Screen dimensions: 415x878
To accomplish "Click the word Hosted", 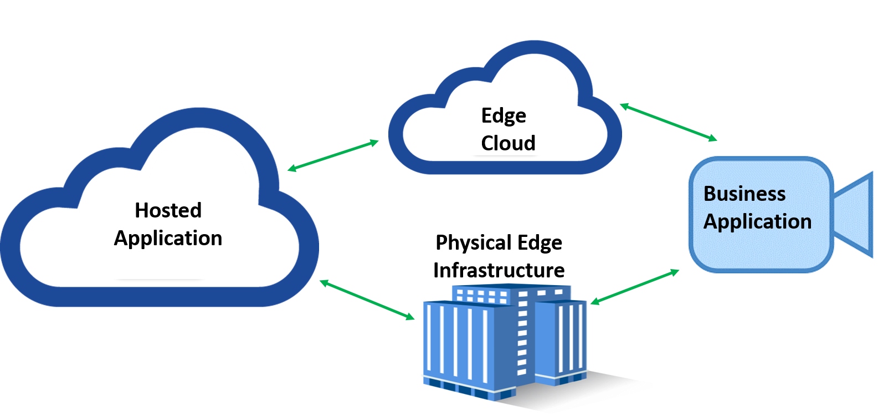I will pos(168,210).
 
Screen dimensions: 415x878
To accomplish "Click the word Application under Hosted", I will pos(168,238).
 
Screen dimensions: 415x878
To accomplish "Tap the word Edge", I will pos(504,116).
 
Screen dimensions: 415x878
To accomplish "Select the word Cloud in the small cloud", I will pos(508,143).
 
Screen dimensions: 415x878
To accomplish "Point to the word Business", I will pos(744,194).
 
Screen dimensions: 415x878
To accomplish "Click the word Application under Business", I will pos(757,221).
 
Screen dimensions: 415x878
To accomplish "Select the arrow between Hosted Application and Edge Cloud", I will pos(333,155).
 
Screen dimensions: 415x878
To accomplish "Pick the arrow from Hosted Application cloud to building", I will pos(367,300).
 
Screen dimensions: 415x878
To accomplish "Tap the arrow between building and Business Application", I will pos(635,286).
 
